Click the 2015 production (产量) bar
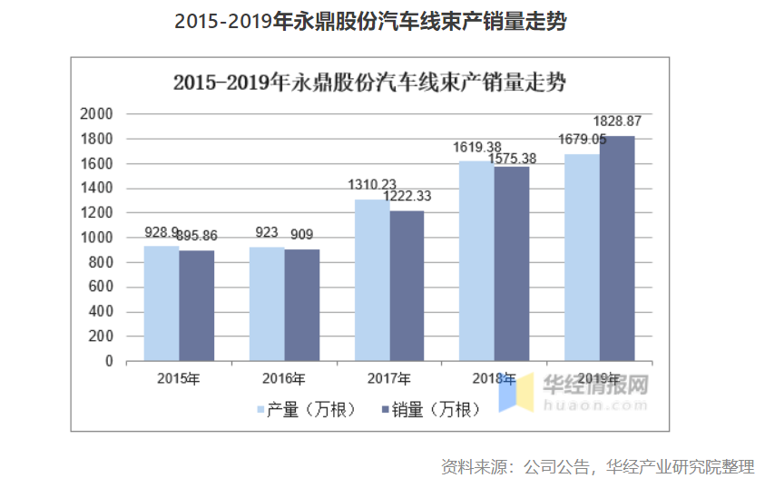point(162,303)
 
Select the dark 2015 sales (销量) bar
point(196,306)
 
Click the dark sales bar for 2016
point(302,305)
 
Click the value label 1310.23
point(372,184)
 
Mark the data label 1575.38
point(512,159)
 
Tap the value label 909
point(302,235)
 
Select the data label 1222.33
point(407,196)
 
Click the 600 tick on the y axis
point(101,287)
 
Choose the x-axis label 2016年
point(284,378)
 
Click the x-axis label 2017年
point(389,378)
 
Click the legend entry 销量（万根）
point(431,410)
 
